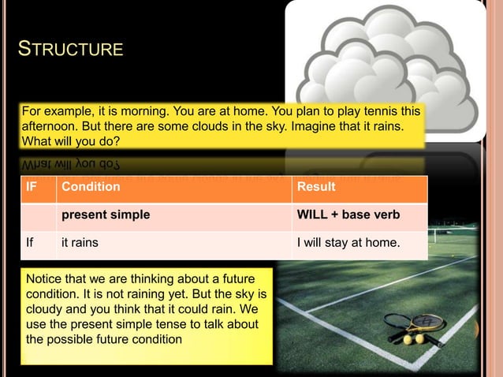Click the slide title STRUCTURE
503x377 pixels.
(x=70, y=50)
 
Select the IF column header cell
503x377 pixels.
(x=31, y=187)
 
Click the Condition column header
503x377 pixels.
(x=91, y=187)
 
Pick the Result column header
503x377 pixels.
(x=315, y=187)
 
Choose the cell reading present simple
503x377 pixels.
(x=106, y=214)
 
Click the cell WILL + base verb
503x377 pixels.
(x=348, y=214)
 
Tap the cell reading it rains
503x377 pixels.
(x=80, y=242)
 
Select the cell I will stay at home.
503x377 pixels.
(x=347, y=242)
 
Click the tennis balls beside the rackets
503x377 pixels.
(x=414, y=339)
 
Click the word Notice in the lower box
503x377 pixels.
(x=46, y=280)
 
